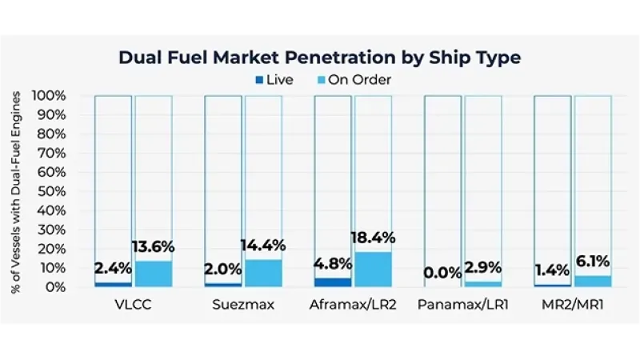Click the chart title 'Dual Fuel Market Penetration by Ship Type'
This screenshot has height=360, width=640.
coord(319,58)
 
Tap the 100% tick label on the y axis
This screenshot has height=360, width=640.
coord(50,96)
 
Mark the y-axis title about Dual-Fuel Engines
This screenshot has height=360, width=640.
coord(17,191)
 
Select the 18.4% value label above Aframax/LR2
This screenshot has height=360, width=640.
coord(373,238)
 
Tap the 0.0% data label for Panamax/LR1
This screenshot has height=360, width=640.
coord(442,274)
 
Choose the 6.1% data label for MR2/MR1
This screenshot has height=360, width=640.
coord(593,262)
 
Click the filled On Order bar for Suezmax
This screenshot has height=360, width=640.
coord(263,273)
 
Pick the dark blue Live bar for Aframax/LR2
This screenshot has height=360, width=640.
coord(333,282)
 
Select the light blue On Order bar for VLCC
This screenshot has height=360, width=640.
coord(153,274)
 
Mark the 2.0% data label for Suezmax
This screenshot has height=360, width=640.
coord(223,270)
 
